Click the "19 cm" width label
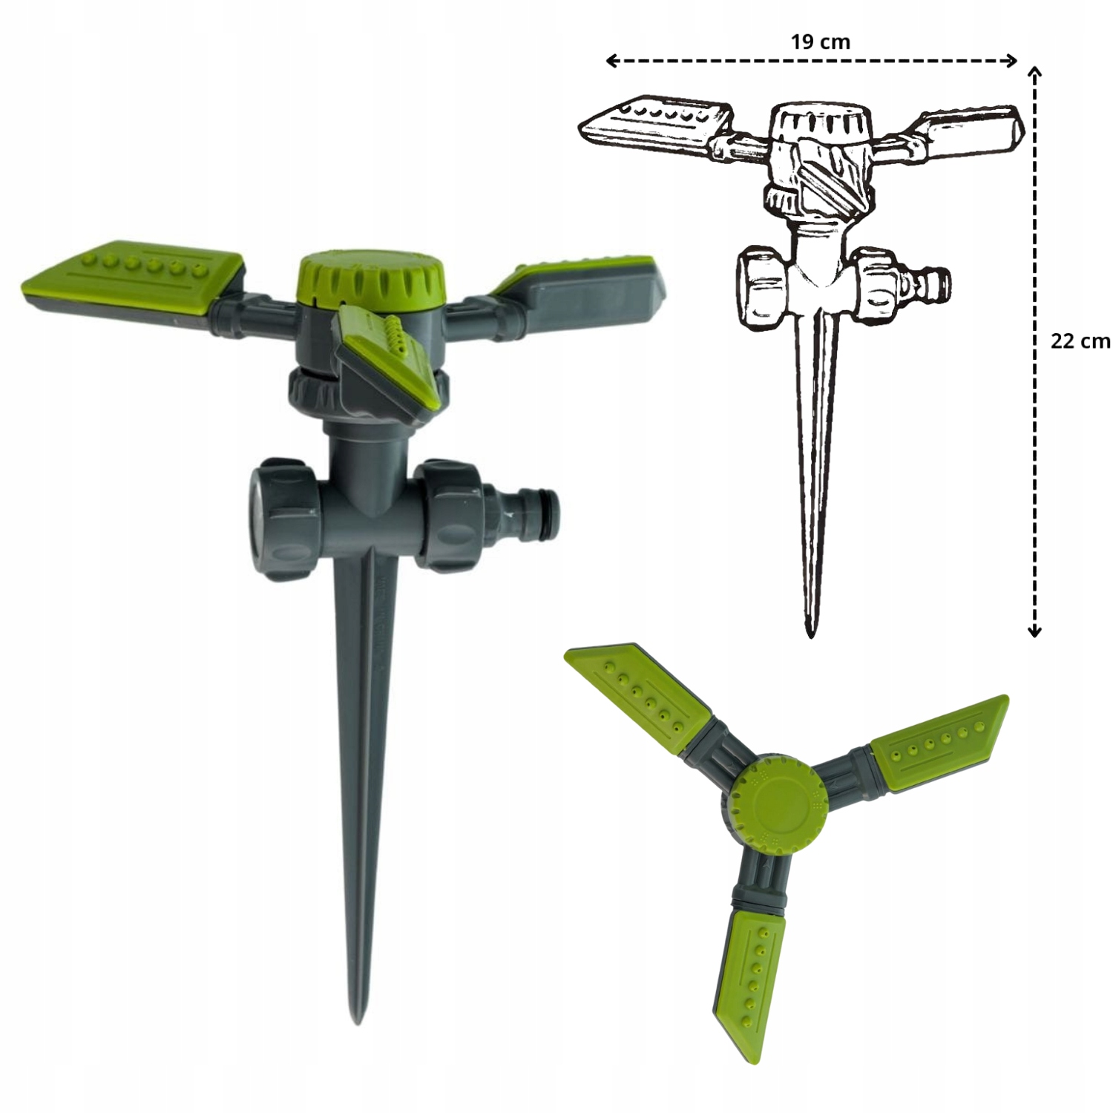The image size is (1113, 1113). coord(820,42)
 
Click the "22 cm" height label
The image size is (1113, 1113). coord(1080,341)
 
